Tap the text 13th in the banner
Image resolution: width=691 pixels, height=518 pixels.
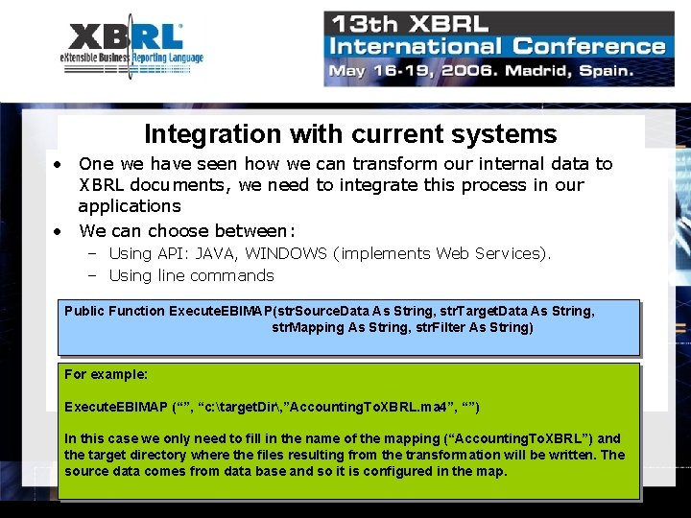point(363,23)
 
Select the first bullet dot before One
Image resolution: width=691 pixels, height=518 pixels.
point(59,164)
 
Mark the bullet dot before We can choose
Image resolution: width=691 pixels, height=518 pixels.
point(59,231)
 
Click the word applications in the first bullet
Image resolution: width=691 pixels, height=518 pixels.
point(130,205)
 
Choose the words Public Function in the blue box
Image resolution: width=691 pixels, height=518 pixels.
point(114,311)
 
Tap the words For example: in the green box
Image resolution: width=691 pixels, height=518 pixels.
point(106,374)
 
